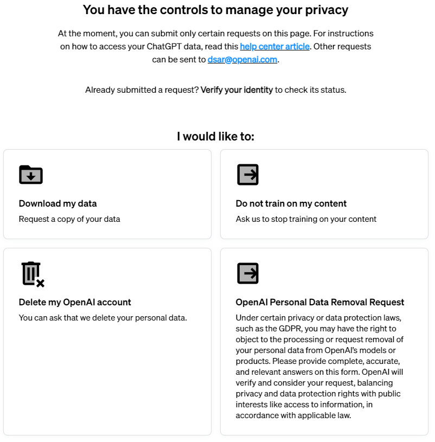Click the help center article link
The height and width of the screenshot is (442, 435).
274,47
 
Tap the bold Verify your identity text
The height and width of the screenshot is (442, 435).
236,90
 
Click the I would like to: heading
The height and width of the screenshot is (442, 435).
215,136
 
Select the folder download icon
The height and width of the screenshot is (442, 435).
31,175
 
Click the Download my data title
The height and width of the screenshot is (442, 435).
57,203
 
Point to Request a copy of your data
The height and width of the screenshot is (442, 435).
69,219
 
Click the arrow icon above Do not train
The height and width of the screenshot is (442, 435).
248,175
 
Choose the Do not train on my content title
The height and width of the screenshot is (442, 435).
291,203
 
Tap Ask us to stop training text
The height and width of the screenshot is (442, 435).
306,219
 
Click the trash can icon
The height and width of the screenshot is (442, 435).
32,273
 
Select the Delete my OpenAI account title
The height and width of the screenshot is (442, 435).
75,302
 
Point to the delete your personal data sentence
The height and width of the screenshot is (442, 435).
103,318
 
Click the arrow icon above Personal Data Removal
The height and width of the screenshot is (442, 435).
248,273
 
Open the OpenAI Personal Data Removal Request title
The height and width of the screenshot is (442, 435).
320,302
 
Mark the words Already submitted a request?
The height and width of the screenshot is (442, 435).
142,90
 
